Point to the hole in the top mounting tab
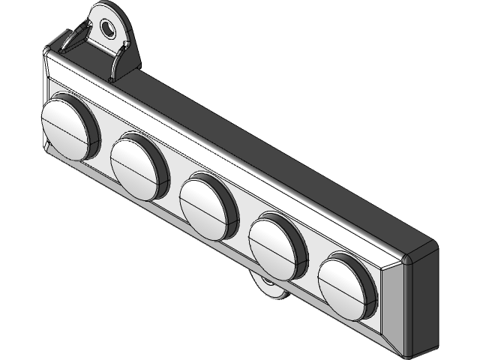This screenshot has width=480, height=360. click(109, 29)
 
